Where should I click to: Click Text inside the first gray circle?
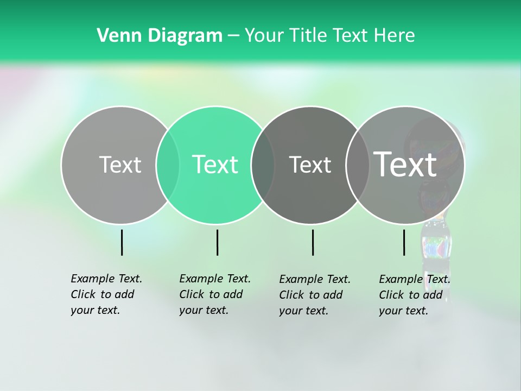[x=120, y=165]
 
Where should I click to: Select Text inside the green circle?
[x=215, y=165]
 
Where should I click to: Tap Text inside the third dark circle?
[x=310, y=165]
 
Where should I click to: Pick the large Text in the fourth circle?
[x=405, y=165]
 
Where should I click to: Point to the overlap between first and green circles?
[x=168, y=165]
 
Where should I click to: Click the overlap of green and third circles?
[x=263, y=165]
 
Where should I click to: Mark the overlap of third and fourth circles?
[x=358, y=165]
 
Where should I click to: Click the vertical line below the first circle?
[x=122, y=242]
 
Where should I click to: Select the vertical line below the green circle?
[x=217, y=242]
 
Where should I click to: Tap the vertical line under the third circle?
[x=313, y=242]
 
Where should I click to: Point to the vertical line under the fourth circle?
[x=404, y=242]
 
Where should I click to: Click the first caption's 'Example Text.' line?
[x=106, y=279]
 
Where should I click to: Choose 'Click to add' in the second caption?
[x=211, y=294]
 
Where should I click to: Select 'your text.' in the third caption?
[x=304, y=311]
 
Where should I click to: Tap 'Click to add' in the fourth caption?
[x=411, y=295]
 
